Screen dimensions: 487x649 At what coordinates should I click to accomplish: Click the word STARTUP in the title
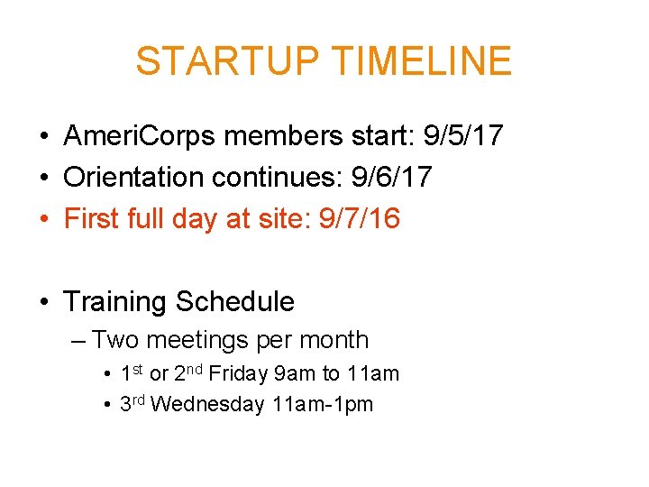(228, 61)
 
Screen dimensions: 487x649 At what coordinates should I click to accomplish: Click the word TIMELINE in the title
(422, 61)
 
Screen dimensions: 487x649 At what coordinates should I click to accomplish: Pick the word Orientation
(134, 177)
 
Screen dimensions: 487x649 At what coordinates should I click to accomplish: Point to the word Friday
(233, 373)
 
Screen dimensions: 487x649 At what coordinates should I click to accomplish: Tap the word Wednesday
(207, 404)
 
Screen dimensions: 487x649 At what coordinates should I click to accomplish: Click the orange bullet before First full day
(43, 218)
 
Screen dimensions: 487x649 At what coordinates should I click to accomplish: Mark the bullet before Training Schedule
(43, 302)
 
